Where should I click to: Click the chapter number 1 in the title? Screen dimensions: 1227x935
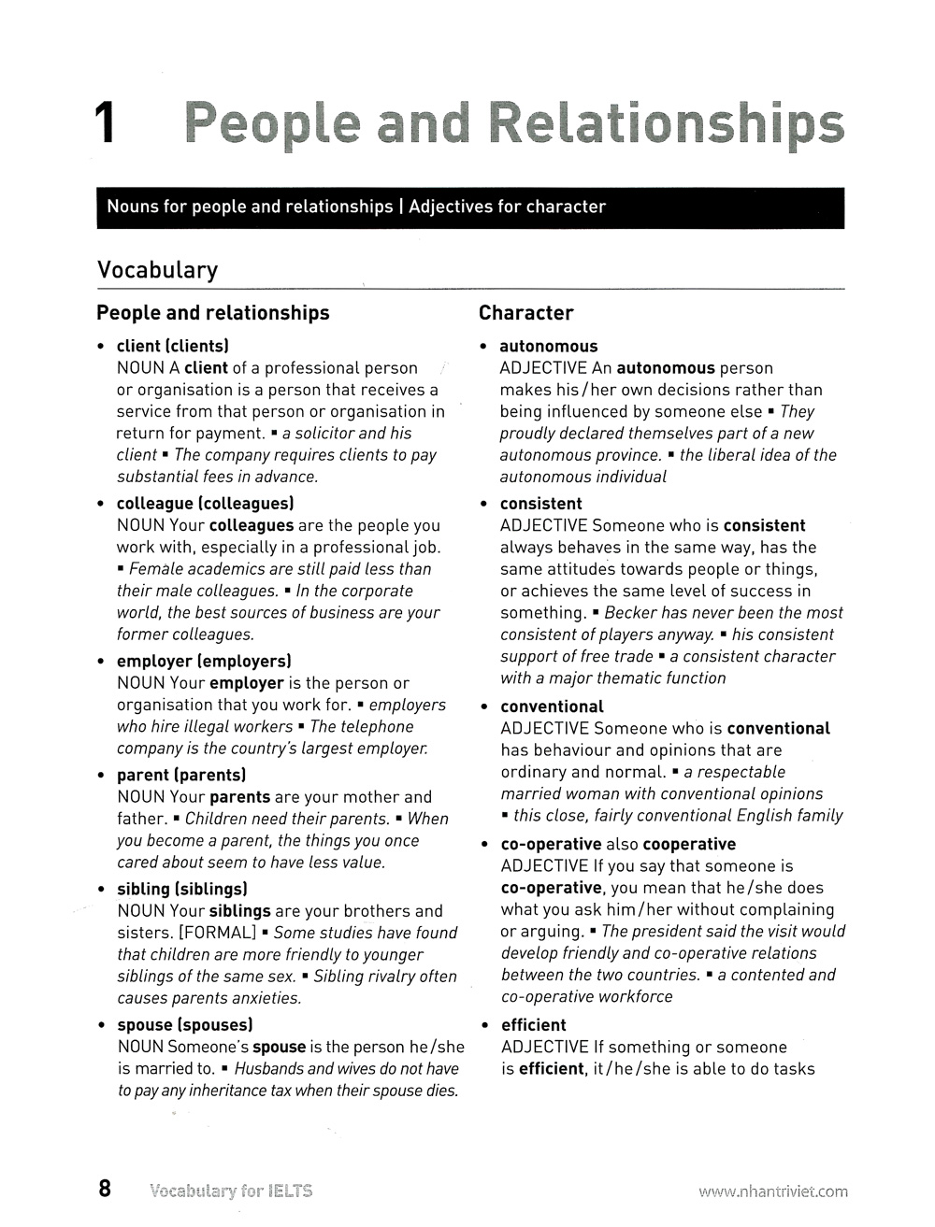(x=105, y=124)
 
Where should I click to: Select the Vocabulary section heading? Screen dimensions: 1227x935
(x=157, y=270)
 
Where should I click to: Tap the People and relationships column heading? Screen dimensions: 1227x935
(x=212, y=313)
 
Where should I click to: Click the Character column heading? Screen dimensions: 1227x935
(x=525, y=313)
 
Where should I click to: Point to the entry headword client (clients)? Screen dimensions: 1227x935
(x=172, y=346)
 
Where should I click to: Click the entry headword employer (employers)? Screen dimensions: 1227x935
(x=203, y=662)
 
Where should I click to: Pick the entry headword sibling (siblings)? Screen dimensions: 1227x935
(x=181, y=889)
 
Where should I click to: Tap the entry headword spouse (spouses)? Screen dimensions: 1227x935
(x=184, y=1025)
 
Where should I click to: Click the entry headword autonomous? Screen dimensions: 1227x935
(x=548, y=346)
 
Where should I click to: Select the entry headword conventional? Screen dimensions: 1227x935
(x=552, y=706)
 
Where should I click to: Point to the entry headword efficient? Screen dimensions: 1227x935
(x=533, y=1025)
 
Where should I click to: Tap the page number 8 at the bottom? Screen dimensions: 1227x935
(x=105, y=1189)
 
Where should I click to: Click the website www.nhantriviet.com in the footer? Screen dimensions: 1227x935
(x=772, y=1191)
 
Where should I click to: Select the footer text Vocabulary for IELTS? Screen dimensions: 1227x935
(x=230, y=1191)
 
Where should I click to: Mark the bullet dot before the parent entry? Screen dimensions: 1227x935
(x=101, y=776)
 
